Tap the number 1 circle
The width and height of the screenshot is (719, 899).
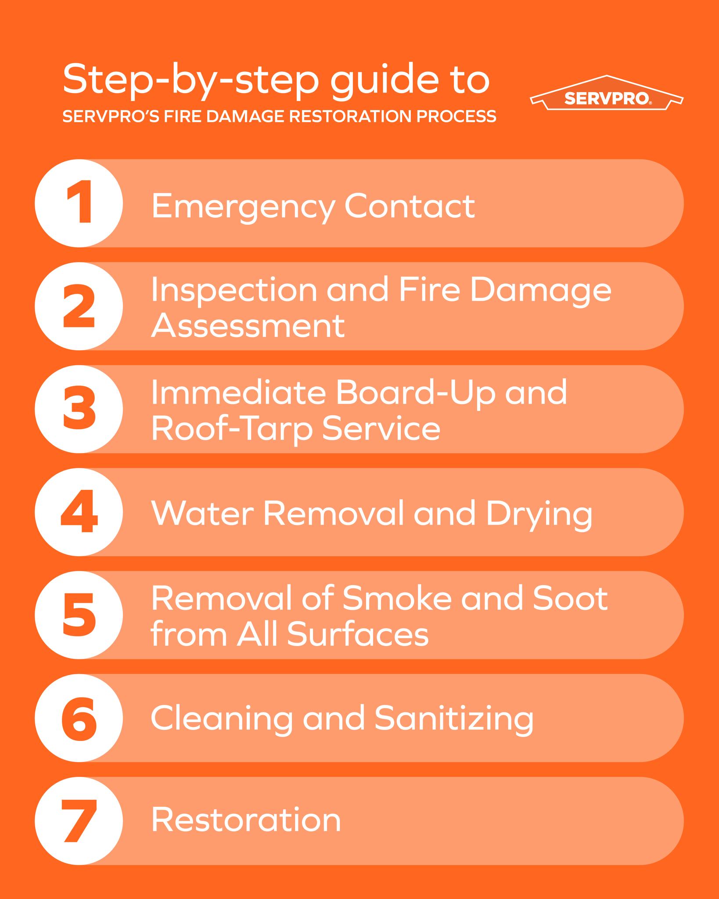coord(79,203)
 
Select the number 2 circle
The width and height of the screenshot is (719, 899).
coord(79,306)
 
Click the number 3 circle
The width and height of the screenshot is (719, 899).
coord(79,409)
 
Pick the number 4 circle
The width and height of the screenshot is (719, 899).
coord(79,512)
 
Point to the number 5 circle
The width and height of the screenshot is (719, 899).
coord(79,615)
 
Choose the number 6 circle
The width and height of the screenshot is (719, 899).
coord(79,718)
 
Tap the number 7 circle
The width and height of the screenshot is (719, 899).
coord(79,821)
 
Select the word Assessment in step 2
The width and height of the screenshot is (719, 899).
coord(248,326)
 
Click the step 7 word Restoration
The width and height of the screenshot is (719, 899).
coord(246,820)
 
